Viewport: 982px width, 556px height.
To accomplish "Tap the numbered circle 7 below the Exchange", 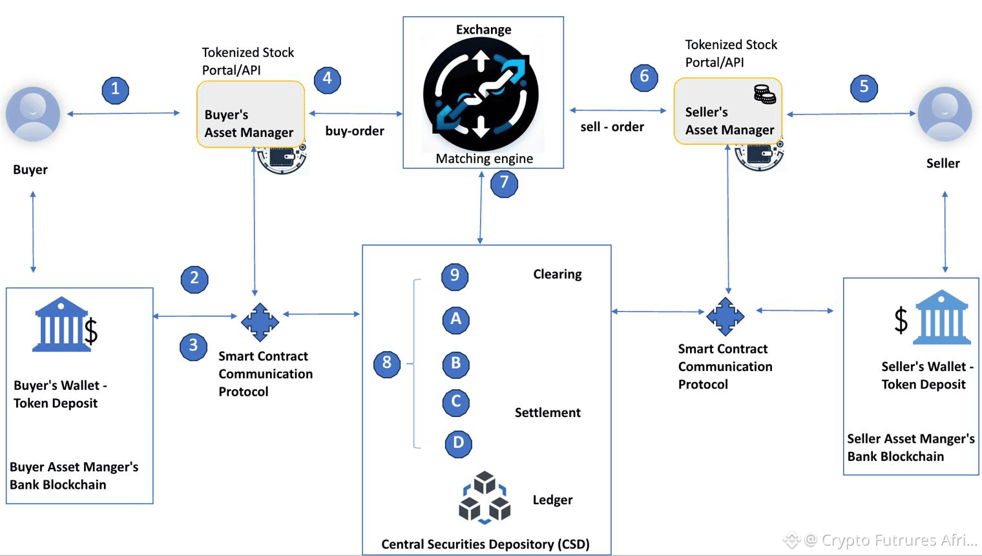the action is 504,184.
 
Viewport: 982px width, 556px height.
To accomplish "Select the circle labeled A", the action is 456,320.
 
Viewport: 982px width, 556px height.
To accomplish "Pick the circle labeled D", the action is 458,444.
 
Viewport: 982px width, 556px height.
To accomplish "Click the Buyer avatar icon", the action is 33,114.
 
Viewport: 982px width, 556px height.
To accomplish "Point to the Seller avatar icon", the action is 945,114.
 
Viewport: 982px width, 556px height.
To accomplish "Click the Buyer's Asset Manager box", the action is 251,114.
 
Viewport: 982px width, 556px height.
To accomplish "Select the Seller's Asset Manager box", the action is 727,111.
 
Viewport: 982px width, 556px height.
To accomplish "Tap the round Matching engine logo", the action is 481,94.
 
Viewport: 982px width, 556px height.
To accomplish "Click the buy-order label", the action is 355,131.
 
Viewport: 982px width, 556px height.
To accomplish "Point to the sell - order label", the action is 612,127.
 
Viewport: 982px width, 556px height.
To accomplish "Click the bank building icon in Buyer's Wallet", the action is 61,325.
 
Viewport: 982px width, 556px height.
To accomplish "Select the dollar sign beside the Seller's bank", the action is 901,320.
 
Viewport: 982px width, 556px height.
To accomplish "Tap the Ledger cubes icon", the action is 485,498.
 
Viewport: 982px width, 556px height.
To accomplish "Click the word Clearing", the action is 557,274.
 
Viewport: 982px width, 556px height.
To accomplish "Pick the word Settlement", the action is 548,412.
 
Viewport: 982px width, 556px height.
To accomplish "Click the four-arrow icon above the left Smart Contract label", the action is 260,322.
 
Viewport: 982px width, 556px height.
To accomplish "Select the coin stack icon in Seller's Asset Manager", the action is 764,94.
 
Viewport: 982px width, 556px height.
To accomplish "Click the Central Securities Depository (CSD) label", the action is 485,544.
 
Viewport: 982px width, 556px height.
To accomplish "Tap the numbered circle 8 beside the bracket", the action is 386,363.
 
